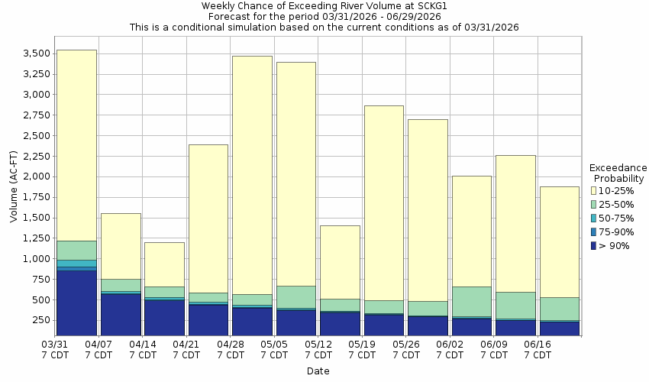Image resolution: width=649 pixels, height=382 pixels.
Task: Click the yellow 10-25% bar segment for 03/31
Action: pos(76,145)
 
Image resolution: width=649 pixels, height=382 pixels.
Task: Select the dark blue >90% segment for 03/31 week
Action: pos(76,303)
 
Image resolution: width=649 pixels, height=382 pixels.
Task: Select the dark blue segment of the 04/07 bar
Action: pos(121,314)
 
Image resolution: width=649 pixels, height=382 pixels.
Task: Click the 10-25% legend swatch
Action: pos(593,190)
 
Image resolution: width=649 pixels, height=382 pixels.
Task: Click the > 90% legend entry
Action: pos(615,245)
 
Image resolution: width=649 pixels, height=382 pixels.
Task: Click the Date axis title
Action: pos(318,371)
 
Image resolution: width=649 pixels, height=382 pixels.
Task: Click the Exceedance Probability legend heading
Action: pos(619,173)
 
